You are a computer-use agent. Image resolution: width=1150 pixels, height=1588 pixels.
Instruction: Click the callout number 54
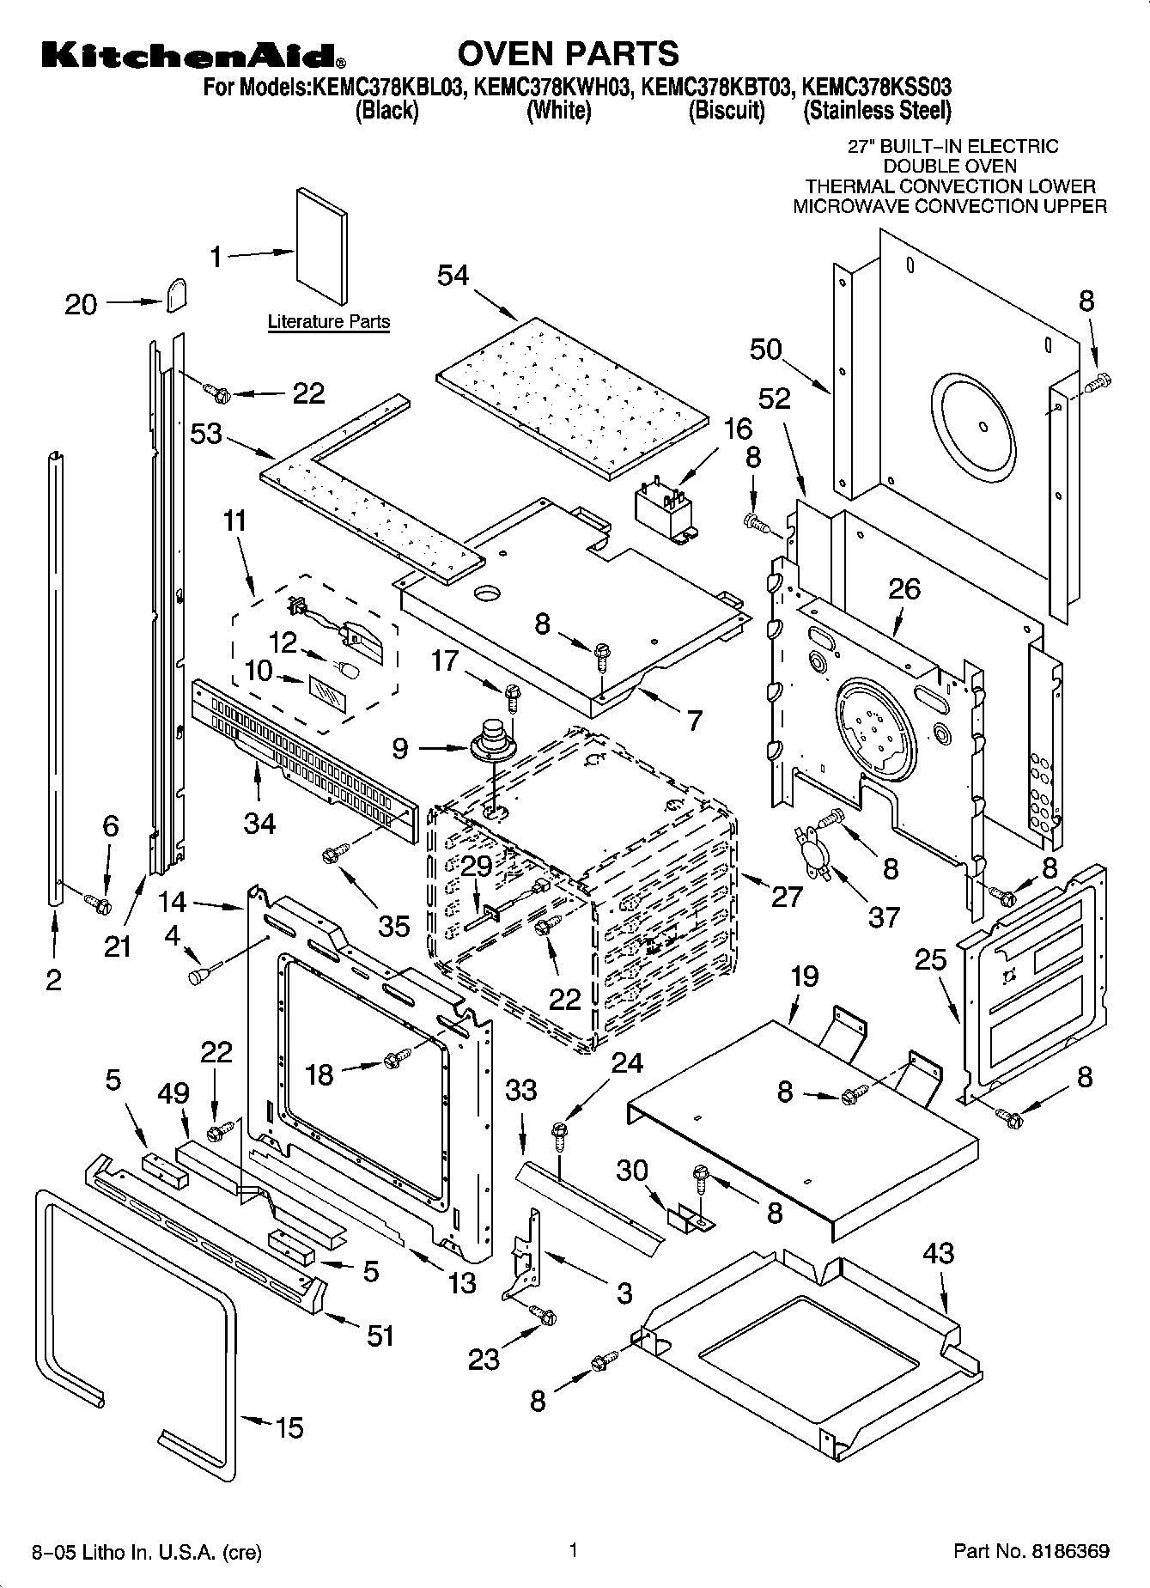click(453, 276)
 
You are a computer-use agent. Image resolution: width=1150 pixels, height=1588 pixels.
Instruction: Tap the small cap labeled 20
click(178, 295)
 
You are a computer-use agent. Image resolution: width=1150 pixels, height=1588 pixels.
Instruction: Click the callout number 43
click(938, 1253)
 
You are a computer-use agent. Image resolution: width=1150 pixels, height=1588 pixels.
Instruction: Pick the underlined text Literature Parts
click(329, 322)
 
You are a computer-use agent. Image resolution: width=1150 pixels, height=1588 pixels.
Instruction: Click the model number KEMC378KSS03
click(877, 87)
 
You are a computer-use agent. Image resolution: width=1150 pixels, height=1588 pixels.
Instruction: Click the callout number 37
click(883, 917)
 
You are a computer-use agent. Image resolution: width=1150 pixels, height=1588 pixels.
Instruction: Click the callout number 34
click(259, 824)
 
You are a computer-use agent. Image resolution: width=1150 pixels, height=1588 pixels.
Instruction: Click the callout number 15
click(289, 1427)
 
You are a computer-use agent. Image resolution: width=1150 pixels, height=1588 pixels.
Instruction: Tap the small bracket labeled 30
click(691, 1220)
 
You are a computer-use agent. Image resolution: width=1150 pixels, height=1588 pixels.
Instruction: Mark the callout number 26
click(904, 588)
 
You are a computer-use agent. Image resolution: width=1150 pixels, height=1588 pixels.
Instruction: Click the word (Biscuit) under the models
click(727, 110)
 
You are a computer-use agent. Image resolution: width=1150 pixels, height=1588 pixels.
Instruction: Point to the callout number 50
click(765, 349)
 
